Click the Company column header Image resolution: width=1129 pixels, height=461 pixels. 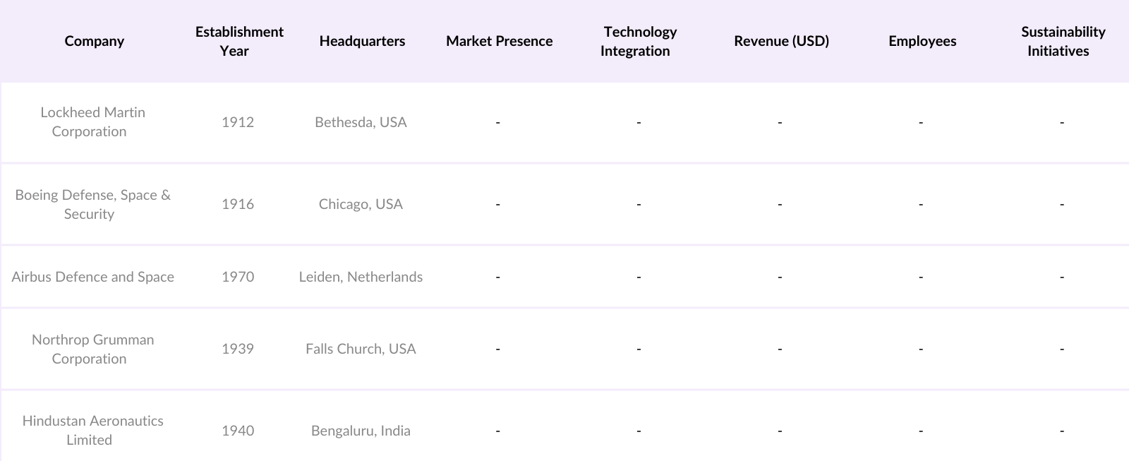[94, 41]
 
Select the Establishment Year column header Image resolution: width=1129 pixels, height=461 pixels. [239, 41]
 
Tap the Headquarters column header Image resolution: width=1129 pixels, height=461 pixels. [362, 41]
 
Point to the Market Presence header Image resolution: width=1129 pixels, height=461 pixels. [499, 41]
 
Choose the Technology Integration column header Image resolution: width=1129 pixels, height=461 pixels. [639, 41]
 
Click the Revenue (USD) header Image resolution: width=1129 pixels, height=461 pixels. [781, 41]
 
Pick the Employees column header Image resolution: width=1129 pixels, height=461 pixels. [922, 41]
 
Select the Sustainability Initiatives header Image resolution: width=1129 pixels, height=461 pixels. [1062, 41]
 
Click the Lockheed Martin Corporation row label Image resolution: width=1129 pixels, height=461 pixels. [92, 121]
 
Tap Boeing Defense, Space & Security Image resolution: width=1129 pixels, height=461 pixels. [92, 204]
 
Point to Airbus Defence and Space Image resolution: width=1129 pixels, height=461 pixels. [92, 277]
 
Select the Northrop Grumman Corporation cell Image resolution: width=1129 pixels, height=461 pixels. [92, 349]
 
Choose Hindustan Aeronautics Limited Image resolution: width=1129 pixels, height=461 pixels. [92, 430]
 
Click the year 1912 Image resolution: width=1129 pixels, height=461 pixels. [238, 122]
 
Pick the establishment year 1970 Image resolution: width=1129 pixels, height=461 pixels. [238, 277]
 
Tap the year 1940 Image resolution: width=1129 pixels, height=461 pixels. [238, 431]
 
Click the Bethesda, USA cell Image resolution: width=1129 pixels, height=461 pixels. [361, 122]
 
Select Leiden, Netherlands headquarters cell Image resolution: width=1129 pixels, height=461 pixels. [361, 277]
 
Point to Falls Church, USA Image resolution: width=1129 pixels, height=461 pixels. [361, 349]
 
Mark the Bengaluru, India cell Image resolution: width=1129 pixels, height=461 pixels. [361, 431]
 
